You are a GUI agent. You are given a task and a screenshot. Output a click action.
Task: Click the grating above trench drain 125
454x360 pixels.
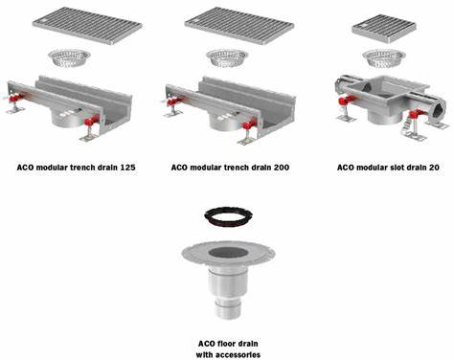[87, 26]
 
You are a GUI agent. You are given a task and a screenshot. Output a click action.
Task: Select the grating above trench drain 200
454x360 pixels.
[239, 26]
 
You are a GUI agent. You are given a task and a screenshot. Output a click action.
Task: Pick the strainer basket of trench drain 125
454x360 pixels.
[69, 58]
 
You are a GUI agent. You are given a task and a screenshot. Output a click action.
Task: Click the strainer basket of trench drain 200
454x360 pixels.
[227, 58]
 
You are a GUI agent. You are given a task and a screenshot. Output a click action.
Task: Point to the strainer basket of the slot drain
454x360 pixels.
[384, 58]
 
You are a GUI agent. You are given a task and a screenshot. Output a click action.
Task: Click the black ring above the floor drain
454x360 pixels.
[228, 216]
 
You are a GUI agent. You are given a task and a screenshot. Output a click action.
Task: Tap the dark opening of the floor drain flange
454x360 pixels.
[228, 253]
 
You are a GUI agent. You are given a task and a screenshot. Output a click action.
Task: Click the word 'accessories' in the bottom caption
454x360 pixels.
[238, 354]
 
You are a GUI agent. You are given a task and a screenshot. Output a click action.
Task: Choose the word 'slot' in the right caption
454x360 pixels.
[397, 168]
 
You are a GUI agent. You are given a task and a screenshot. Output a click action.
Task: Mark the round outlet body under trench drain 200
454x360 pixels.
[225, 121]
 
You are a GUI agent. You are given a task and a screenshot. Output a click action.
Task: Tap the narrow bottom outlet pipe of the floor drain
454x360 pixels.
[227, 309]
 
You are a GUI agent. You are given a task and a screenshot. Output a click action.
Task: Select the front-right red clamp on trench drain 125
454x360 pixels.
[91, 121]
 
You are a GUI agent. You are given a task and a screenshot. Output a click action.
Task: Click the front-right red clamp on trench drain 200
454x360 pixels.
[249, 124]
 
